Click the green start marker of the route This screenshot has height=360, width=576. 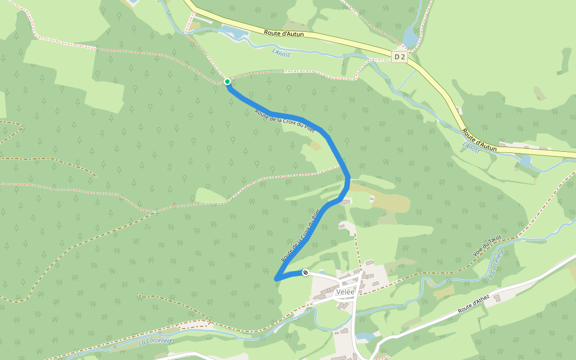pyautogui.click(x=227, y=82)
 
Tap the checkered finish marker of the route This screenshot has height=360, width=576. pyautogui.click(x=305, y=272)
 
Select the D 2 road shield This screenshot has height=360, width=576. pyautogui.click(x=400, y=56)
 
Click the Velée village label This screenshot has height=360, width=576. pyautogui.click(x=346, y=292)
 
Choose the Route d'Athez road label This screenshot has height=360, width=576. pyautogui.click(x=474, y=304)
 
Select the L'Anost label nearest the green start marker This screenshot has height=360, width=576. pyautogui.click(x=281, y=54)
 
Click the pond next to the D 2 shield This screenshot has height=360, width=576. pyautogui.click(x=410, y=37)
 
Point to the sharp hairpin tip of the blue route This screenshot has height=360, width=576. pyautogui.click(x=276, y=279)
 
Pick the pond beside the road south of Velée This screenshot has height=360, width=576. pyautogui.click(x=364, y=337)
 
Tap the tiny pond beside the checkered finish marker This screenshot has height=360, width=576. pyautogui.click(x=317, y=272)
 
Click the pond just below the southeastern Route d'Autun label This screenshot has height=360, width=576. pyautogui.click(x=526, y=161)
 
